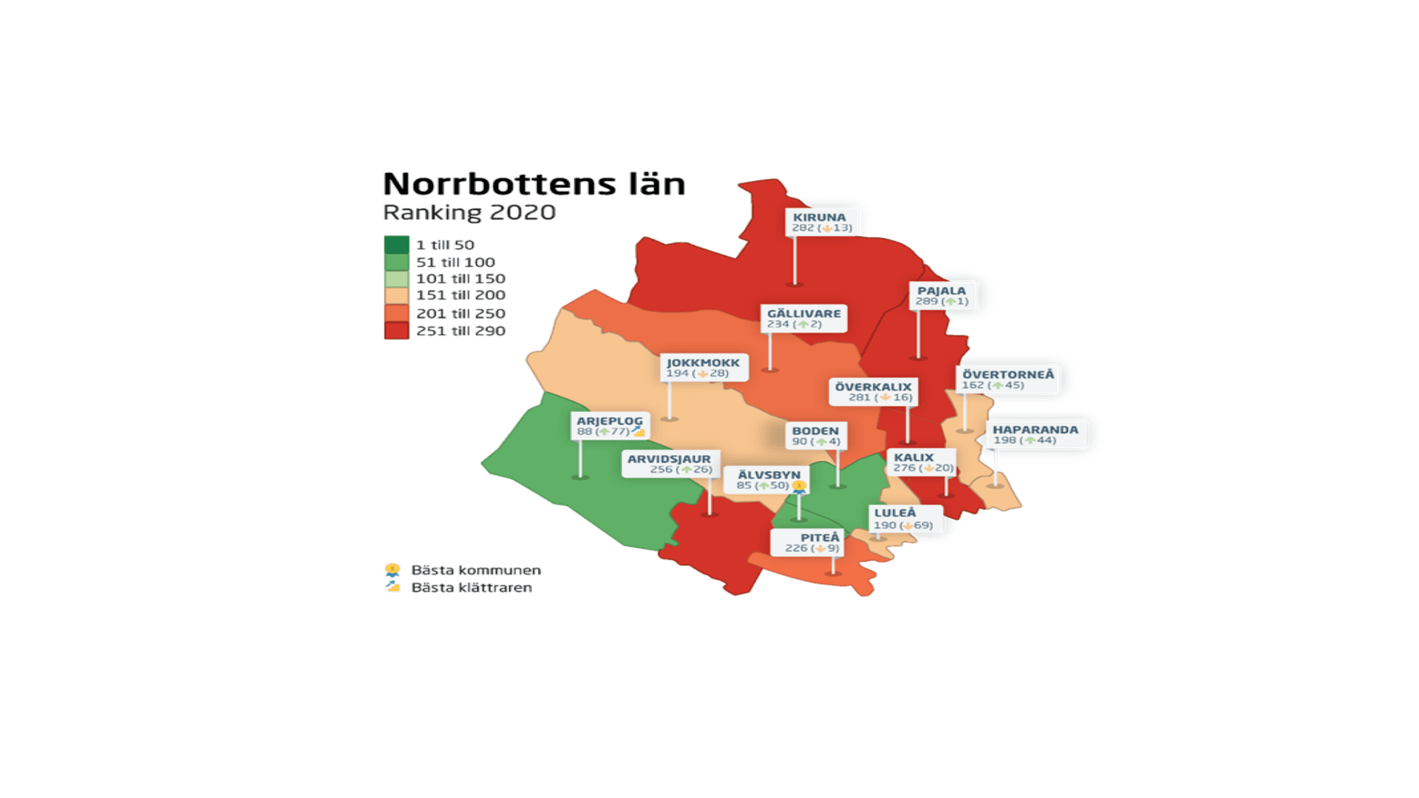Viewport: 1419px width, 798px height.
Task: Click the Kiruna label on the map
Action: tap(821, 222)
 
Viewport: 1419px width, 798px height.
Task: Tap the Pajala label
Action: tap(942, 296)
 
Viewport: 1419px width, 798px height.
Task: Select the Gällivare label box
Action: tap(803, 318)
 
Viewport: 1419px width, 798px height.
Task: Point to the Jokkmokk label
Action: tap(703, 368)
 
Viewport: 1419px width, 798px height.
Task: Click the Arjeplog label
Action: tap(610, 425)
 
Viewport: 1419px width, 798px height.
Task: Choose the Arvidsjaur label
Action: tap(670, 464)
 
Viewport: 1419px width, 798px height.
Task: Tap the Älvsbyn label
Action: tap(769, 479)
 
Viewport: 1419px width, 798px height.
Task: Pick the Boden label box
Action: tap(815, 436)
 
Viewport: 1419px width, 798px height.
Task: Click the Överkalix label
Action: tap(873, 392)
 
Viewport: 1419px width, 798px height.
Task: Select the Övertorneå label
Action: tap(1007, 379)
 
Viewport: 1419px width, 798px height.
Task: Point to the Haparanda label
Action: tap(1035, 434)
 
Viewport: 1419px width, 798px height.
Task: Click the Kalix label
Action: tap(922, 462)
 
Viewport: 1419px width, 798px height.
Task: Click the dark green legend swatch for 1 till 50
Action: tap(396, 245)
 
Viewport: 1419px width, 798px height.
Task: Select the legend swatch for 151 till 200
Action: tap(396, 296)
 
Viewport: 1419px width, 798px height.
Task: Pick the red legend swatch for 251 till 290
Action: tap(396, 331)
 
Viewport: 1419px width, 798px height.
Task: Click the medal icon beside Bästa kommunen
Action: tap(392, 569)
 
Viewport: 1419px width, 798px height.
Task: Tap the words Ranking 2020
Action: tap(469, 212)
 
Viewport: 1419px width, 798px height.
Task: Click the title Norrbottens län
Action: tap(534, 183)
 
